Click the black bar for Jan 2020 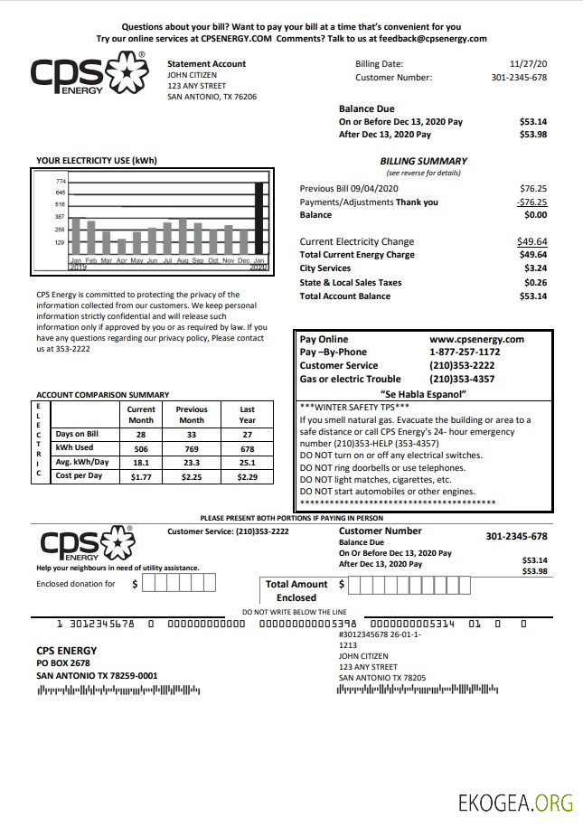[x=259, y=218]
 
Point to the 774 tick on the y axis [x=61, y=182]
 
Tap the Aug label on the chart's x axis [x=183, y=260]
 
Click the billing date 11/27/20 [x=529, y=64]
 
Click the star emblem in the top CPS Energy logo [x=127, y=74]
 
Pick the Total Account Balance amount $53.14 [x=532, y=296]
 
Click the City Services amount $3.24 [x=535, y=268]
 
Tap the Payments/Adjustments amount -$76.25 [x=531, y=202]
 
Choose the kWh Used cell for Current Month [x=141, y=448]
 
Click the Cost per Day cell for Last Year [x=247, y=475]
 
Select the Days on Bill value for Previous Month [x=192, y=435]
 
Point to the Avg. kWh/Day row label [x=82, y=462]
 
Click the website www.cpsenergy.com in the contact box [x=476, y=339]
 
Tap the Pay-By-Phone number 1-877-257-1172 [x=465, y=352]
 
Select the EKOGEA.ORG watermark [x=515, y=802]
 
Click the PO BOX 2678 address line [x=63, y=663]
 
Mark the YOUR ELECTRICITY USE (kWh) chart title [x=97, y=161]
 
